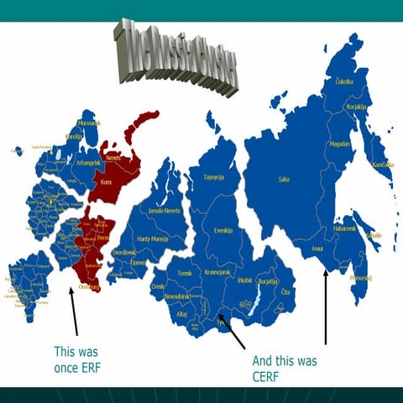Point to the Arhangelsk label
pos(88,162)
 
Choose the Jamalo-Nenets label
pos(164,210)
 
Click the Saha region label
pos(282,179)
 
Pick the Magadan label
pos(341,143)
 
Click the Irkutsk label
pos(245,279)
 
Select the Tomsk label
pos(185,274)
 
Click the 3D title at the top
pos(176,55)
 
